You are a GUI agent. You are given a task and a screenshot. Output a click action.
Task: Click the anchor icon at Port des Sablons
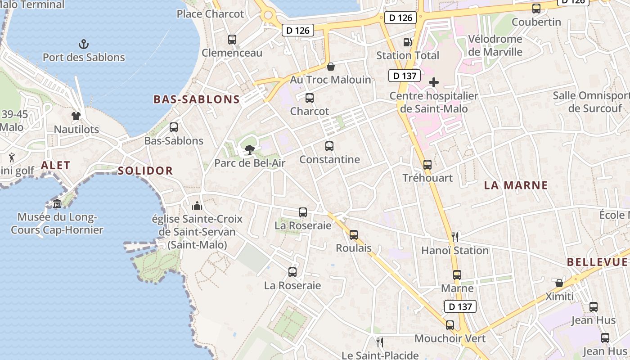(84, 44)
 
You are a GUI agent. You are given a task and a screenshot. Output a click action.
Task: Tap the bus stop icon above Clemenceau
(232, 40)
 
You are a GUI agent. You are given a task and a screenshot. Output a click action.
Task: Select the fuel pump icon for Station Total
(408, 42)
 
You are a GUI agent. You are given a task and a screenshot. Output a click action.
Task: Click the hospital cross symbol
(434, 82)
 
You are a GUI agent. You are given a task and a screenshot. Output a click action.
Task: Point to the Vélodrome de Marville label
(495, 45)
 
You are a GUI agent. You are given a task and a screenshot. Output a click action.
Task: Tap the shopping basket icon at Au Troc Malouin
(331, 67)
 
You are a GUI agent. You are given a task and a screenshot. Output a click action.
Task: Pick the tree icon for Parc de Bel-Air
(249, 150)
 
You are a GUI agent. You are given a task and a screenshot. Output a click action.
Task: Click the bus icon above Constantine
(329, 146)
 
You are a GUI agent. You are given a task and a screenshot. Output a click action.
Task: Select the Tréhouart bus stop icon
(427, 165)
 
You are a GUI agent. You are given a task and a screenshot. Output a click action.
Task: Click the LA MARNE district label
(516, 185)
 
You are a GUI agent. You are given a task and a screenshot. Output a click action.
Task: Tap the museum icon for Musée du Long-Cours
(57, 204)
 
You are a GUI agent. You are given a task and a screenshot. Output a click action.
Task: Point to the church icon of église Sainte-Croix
(197, 206)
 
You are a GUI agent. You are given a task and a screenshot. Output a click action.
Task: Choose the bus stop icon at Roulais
(354, 234)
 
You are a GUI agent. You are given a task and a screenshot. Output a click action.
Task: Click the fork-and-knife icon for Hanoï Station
(455, 237)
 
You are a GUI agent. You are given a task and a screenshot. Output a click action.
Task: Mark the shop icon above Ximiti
(559, 283)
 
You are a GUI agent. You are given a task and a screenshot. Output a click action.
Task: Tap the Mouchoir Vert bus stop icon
(450, 325)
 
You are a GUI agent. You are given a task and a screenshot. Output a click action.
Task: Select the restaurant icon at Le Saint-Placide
(380, 342)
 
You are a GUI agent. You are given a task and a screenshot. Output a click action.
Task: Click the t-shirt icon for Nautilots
(76, 116)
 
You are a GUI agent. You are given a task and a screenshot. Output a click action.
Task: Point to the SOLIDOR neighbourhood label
(145, 171)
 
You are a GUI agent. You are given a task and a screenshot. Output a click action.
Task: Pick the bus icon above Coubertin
(536, 9)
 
